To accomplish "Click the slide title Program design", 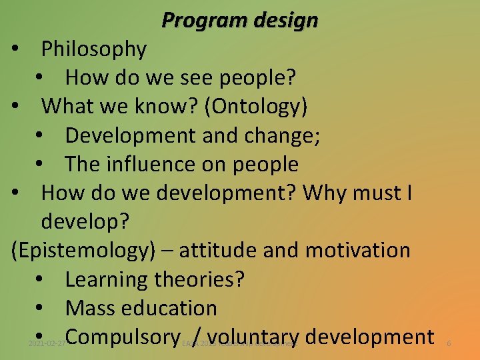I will [240, 21].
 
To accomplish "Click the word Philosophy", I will [94, 49].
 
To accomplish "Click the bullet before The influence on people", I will [41, 165].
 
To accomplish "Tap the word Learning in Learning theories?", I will [107, 279].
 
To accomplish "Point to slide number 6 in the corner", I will [449, 343].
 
